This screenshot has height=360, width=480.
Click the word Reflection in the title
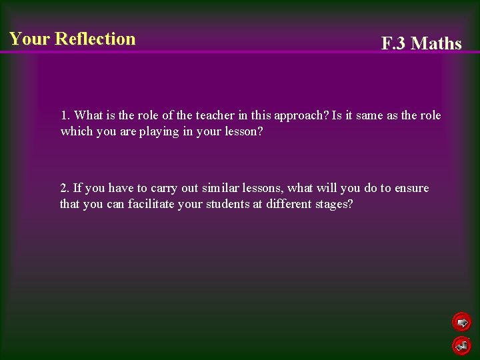click(x=95, y=39)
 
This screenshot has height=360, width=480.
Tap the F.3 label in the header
click(x=394, y=44)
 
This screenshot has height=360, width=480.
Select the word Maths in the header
click(x=437, y=44)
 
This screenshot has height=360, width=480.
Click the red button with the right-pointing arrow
click(x=461, y=323)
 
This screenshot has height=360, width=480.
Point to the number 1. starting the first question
click(x=65, y=115)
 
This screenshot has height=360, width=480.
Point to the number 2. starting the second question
click(x=65, y=188)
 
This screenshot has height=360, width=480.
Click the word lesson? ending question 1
click(x=241, y=131)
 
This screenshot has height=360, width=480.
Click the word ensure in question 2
click(x=411, y=188)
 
